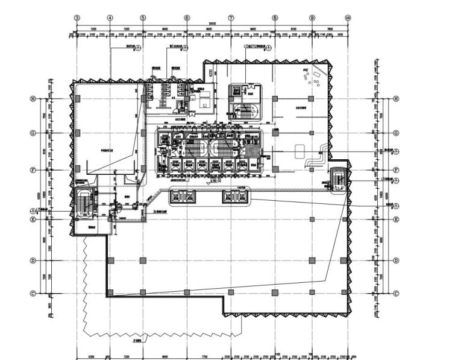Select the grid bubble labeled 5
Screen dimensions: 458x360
143,18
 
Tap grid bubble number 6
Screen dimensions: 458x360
187,18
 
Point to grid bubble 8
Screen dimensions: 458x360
275,18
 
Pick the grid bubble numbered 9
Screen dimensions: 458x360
312,18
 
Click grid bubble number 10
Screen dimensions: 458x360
348,18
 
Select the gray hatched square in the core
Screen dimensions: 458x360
253,149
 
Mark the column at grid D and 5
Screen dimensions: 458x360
143,261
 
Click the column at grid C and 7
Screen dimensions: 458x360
231,292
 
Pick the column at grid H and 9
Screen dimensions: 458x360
312,98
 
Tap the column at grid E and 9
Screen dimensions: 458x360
312,218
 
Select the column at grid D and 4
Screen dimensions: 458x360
110,261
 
